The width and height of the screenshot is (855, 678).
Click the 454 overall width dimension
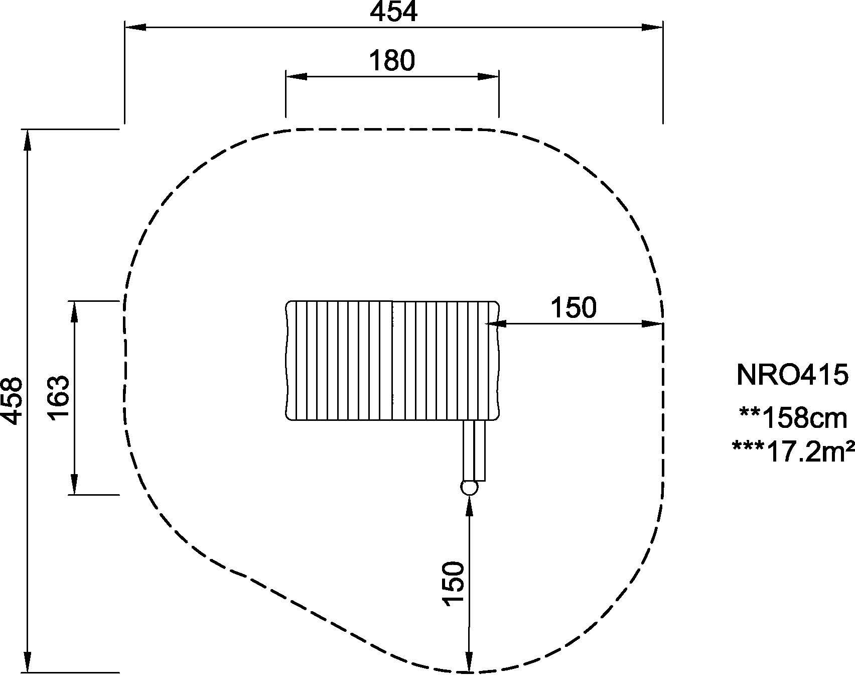coord(394,12)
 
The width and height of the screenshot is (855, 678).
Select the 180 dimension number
coord(392,61)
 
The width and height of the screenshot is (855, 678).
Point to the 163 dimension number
coord(59,398)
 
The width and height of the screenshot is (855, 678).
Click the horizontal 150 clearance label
coord(574,307)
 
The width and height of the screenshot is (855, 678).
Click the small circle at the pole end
coord(469,487)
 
